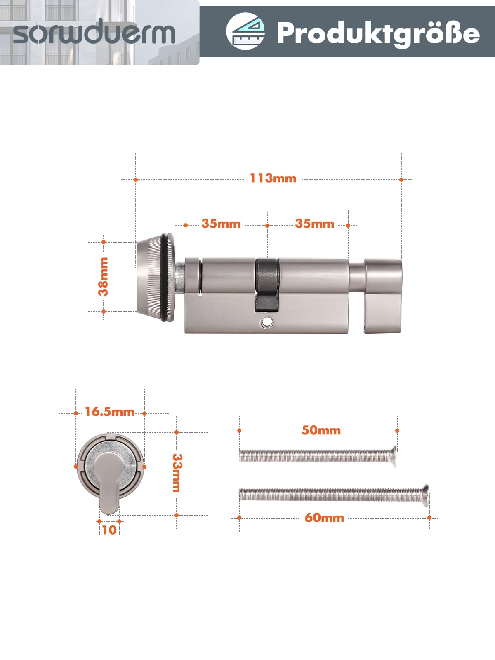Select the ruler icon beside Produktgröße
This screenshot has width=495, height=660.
[x=245, y=31]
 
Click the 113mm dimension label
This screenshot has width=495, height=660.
[x=273, y=178]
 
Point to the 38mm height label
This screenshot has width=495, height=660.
[x=104, y=276]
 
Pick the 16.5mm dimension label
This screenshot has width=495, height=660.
[x=110, y=412]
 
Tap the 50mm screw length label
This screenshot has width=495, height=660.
[x=321, y=430]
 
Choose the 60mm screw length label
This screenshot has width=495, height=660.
[x=324, y=518]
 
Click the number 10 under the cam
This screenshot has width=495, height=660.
[x=109, y=530]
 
